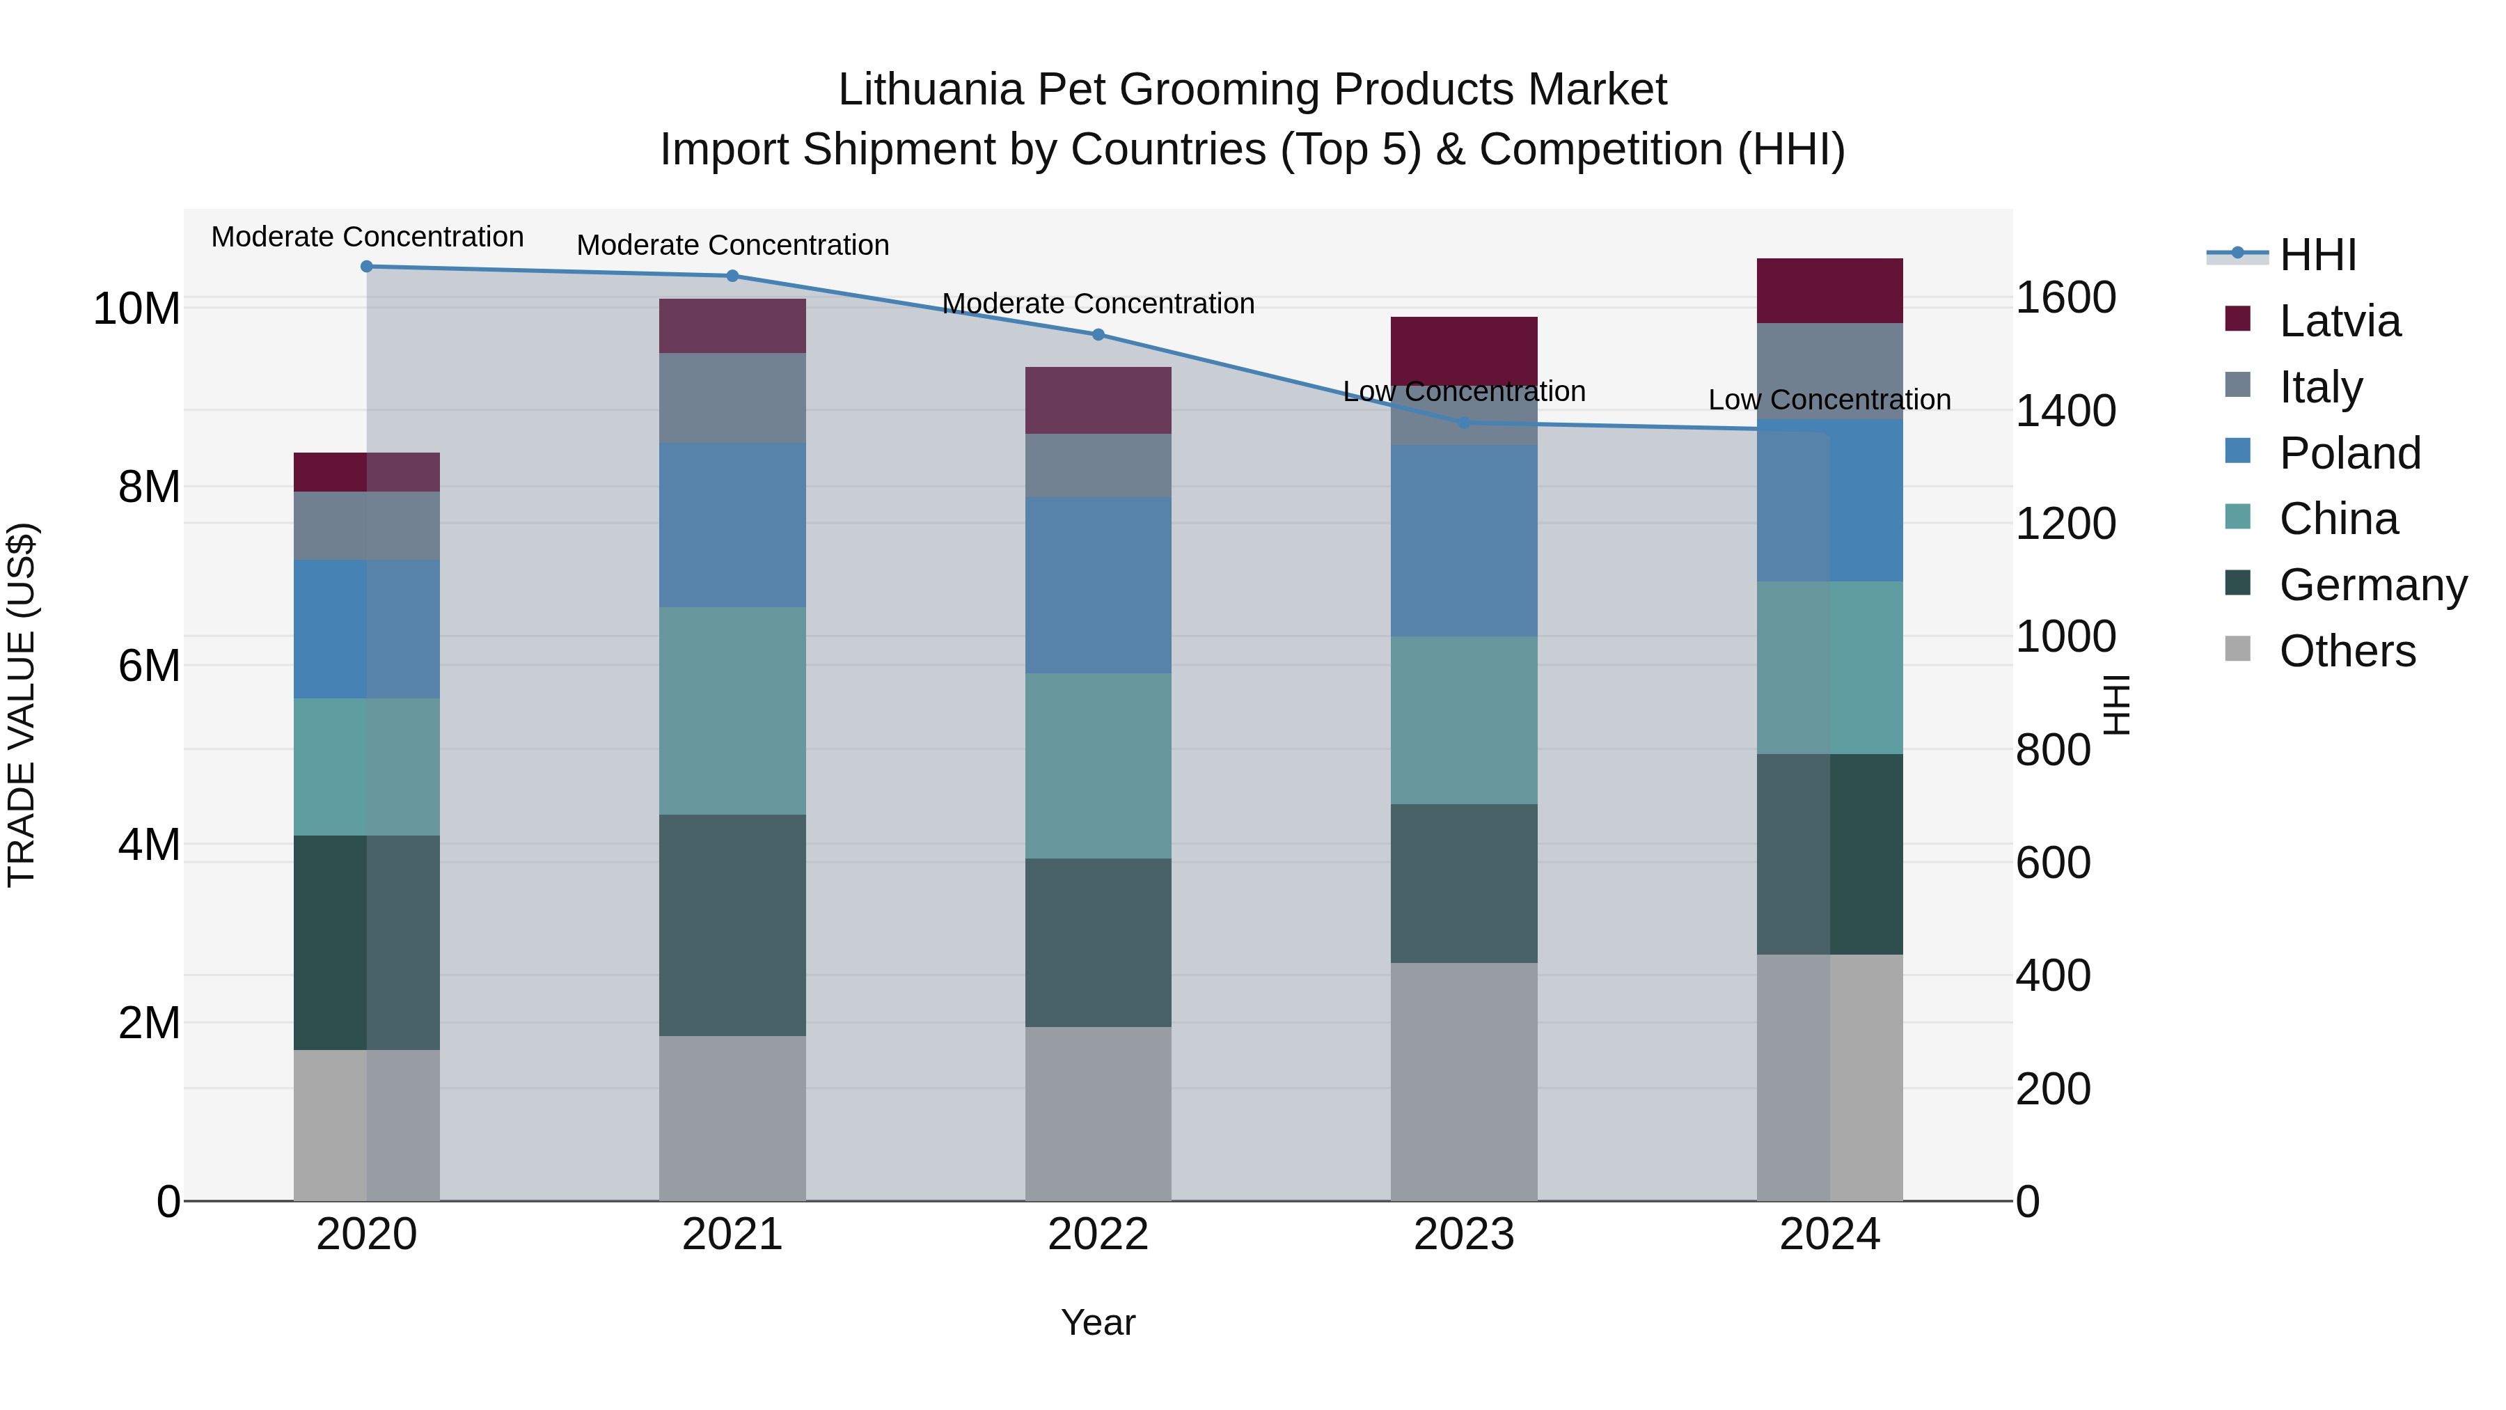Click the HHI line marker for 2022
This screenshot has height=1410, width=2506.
click(1098, 335)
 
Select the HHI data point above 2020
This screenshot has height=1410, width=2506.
click(367, 267)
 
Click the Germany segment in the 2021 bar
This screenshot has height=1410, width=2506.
click(732, 925)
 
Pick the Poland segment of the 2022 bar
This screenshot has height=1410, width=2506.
click(1098, 585)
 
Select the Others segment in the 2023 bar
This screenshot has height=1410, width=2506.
click(1464, 1081)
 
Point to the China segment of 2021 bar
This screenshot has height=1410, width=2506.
click(732, 710)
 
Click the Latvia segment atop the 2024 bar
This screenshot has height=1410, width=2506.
click(1830, 290)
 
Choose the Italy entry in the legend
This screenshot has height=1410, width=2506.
click(2320, 387)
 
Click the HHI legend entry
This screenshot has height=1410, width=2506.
click(2316, 255)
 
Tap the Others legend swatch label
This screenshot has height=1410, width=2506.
click(2347, 651)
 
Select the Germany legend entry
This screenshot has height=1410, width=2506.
click(2372, 585)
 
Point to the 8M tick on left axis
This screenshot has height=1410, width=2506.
click(149, 487)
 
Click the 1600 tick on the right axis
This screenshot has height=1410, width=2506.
click(2065, 298)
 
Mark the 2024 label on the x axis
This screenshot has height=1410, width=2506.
click(1830, 1235)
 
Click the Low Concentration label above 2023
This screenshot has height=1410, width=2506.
click(1464, 391)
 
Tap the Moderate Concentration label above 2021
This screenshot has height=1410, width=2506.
click(732, 245)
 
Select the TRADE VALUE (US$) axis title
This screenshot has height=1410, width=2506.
click(22, 705)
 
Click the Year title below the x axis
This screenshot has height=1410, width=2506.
click(1098, 1322)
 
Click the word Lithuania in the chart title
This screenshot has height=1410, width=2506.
click(930, 90)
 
